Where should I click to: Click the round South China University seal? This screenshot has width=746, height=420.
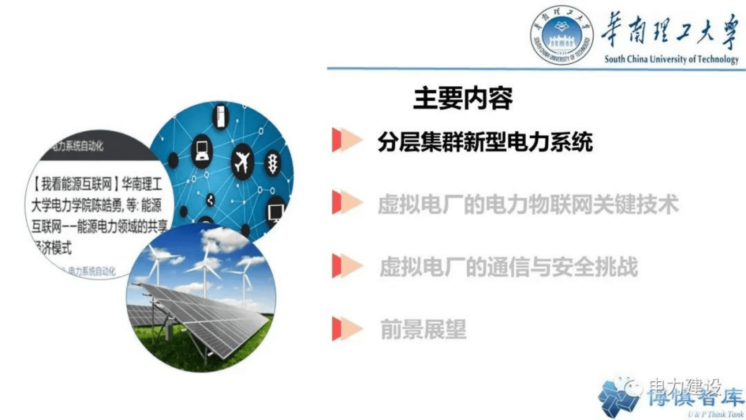[561, 36]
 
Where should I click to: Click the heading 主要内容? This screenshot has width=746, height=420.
[463, 98]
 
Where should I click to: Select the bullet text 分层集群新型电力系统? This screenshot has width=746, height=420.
[485, 142]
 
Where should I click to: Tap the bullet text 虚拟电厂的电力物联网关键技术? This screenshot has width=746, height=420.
[528, 205]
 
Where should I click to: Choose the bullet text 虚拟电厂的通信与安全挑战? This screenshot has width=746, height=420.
[508, 267]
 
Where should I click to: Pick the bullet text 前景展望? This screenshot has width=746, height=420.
[423, 329]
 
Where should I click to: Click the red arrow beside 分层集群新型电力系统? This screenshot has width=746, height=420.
[346, 140]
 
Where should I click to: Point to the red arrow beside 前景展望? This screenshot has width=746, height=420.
[346, 328]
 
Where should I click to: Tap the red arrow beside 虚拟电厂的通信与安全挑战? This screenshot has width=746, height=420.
[346, 265]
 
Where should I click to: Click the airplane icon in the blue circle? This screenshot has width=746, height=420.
[243, 162]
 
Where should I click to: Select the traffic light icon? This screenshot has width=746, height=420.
[273, 163]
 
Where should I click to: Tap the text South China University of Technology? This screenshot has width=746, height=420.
[671, 59]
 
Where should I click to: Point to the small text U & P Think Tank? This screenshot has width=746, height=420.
[715, 414]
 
